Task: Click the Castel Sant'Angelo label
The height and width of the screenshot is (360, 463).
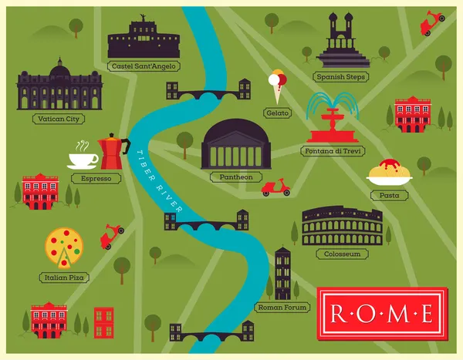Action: tap(145, 66)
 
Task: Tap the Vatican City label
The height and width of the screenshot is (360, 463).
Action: tap(58, 119)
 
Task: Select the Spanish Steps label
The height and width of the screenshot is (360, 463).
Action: tap(342, 77)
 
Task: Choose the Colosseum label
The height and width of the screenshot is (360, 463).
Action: tap(342, 254)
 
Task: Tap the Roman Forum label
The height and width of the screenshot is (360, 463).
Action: tap(282, 308)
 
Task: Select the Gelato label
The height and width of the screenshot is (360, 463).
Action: tap(277, 113)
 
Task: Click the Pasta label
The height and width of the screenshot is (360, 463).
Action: tap(390, 196)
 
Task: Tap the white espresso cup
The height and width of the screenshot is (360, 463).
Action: tap(82, 158)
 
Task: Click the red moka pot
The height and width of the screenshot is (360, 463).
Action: tap(113, 152)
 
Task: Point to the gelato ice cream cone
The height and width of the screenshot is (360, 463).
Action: tap(277, 86)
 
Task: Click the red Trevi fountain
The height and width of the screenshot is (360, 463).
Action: tap(331, 119)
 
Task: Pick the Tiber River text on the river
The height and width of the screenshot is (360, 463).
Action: tap(159, 181)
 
